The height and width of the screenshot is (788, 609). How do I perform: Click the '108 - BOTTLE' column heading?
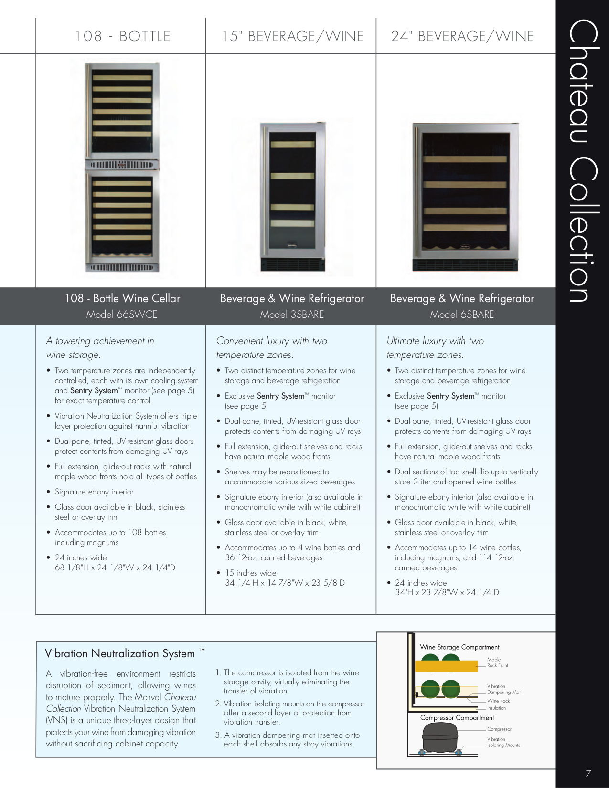[122, 36]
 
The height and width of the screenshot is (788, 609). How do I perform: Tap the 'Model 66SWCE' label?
[122, 315]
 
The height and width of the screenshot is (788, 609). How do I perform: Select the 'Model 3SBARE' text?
[292, 315]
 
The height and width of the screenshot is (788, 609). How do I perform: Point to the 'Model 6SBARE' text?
[462, 315]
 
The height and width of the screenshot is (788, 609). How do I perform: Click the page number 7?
[588, 774]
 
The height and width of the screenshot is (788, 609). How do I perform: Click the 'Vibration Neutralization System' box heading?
[120, 653]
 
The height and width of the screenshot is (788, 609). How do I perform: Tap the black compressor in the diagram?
[440, 737]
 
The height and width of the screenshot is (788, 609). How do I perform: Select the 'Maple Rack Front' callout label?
[497, 662]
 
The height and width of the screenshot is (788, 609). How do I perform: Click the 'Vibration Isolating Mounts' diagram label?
[503, 742]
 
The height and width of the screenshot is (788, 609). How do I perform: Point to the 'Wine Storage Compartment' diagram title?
[459, 647]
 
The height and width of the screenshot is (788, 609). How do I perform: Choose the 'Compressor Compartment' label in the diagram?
[457, 718]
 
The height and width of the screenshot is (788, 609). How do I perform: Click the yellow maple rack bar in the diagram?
[446, 666]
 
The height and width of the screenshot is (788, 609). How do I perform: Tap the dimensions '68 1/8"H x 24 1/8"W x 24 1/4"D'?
[115, 568]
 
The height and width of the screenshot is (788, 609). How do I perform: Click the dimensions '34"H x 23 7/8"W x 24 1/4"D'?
[447, 593]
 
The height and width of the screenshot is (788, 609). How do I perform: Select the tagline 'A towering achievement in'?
[100, 341]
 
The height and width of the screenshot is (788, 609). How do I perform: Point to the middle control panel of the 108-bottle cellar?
[122, 165]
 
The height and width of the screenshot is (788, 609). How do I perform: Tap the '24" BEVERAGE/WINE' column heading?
[462, 36]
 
